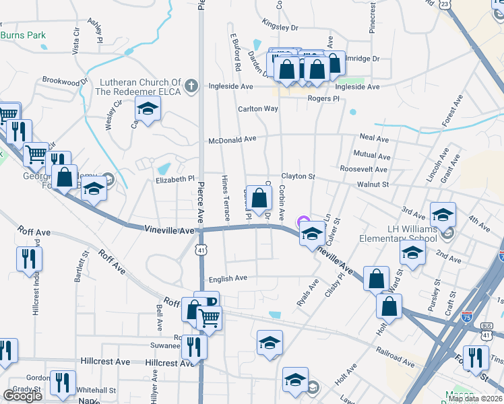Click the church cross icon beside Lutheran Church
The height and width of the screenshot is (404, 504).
191,86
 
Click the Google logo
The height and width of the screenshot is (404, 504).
22,395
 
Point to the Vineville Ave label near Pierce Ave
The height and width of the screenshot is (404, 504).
168,230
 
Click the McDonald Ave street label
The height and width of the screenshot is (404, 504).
232,139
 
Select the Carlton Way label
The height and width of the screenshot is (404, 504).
257,108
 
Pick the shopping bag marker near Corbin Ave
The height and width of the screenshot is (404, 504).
259,198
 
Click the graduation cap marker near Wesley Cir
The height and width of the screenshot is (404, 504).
148,108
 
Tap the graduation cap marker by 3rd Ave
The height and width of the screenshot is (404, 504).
443,214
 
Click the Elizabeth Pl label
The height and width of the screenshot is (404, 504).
175,180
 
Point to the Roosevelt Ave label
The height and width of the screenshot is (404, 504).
363,170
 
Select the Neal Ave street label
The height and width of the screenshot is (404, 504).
375,139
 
